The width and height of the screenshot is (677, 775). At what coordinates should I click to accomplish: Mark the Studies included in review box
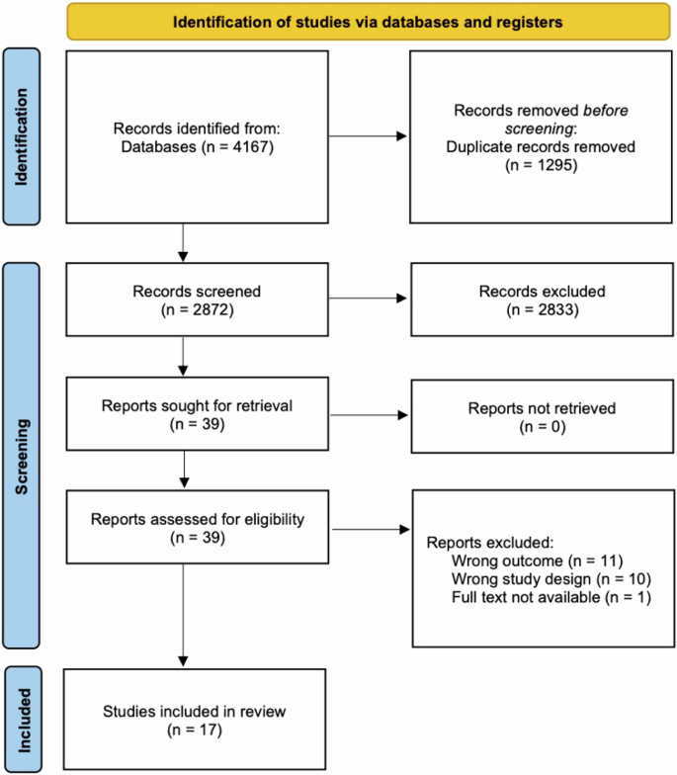(x=195, y=720)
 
